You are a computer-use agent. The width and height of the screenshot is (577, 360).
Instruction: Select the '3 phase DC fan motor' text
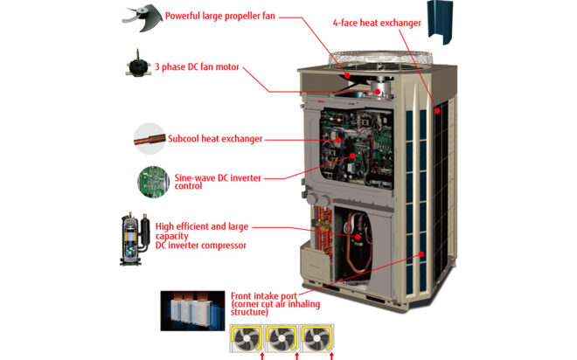tap(197, 67)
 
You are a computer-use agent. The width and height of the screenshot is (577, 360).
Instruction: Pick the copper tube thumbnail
tap(150, 137)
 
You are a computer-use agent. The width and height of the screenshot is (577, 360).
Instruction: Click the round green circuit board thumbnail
tap(151, 180)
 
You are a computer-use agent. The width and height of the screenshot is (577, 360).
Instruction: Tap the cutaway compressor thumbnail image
tap(136, 237)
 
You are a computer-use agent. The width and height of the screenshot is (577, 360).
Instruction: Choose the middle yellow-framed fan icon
tap(282, 337)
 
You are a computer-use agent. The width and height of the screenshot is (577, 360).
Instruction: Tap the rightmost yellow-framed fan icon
tap(316, 337)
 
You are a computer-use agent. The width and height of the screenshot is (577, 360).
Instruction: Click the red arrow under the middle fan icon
tap(297, 356)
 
